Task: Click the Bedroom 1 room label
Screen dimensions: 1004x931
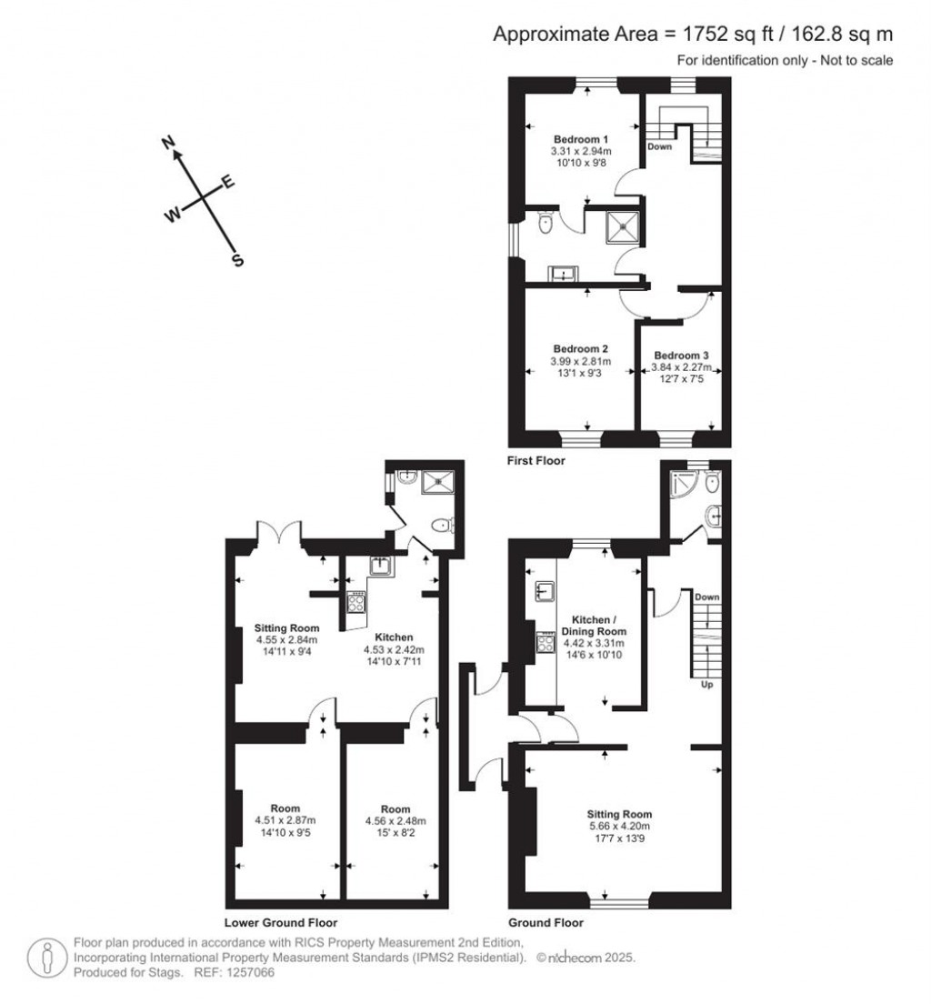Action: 581,138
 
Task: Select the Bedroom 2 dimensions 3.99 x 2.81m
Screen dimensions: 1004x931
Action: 581,361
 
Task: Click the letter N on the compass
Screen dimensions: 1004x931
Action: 167,142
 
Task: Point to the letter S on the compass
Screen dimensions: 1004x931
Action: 238,260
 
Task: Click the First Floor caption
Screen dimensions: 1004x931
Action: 536,461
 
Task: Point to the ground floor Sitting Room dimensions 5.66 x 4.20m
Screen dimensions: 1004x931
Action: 619,826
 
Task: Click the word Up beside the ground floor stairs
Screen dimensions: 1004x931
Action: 706,685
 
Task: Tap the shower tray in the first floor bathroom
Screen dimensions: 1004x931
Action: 625,227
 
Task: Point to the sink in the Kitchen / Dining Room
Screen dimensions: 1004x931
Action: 546,592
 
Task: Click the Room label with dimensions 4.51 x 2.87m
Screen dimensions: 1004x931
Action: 285,808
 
